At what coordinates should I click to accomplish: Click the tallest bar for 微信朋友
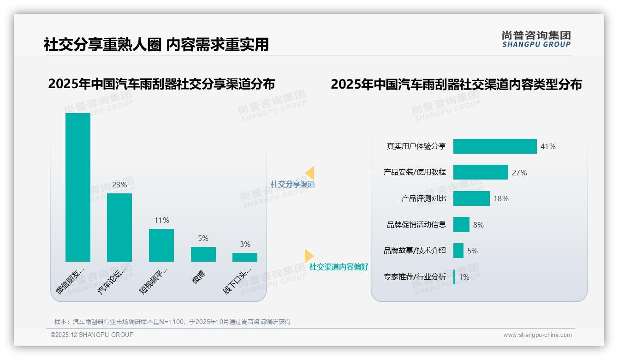tap(78, 187)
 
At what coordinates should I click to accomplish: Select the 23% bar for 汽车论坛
tap(119, 227)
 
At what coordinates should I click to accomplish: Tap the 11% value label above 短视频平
tap(161, 221)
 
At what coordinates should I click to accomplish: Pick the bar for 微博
tap(203, 254)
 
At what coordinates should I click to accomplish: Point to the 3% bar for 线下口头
tap(245, 257)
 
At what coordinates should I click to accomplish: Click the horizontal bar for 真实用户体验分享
tap(495, 146)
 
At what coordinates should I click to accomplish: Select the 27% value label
tap(519, 173)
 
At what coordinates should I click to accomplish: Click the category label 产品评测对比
tap(423, 198)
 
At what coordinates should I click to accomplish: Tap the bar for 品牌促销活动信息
tap(461, 225)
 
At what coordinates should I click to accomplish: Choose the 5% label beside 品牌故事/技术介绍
tap(472, 251)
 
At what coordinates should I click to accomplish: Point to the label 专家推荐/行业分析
tap(415, 277)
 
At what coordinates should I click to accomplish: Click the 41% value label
tap(548, 147)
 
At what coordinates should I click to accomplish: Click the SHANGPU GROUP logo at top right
tap(536, 39)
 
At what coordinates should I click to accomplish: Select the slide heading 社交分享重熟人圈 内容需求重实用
tap(156, 44)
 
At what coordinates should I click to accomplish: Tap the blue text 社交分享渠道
tap(293, 184)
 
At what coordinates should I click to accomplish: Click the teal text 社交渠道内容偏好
tap(339, 267)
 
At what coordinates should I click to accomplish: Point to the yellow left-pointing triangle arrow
tap(309, 173)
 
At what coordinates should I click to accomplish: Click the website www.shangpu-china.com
tap(537, 335)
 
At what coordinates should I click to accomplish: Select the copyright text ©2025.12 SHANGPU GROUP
tap(92, 335)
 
